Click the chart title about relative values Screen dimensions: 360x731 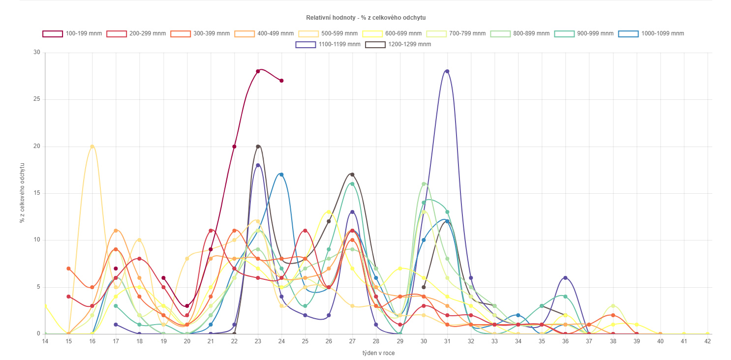click(x=365, y=18)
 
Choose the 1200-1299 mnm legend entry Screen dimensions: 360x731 click(x=398, y=44)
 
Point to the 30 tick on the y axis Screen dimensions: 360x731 click(x=36, y=52)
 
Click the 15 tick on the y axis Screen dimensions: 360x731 click(x=36, y=193)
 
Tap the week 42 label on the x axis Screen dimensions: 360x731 click(x=707, y=341)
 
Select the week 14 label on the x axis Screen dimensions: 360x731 click(x=45, y=341)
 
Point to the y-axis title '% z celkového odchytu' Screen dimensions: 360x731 click(x=22, y=193)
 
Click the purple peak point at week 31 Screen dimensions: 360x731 click(x=447, y=71)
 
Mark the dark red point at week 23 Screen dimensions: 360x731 click(x=258, y=71)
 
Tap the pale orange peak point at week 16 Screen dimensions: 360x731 click(x=92, y=147)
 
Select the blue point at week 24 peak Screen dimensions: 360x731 click(x=281, y=175)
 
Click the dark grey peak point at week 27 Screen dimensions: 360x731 click(x=352, y=175)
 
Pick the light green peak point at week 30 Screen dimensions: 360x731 click(x=424, y=184)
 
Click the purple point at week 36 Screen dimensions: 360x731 click(x=565, y=278)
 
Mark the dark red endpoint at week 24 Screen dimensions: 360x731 click(x=281, y=81)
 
